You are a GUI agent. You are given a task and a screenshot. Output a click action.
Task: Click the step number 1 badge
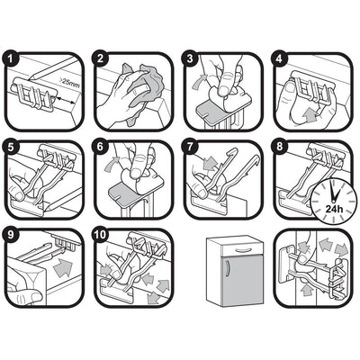point(11,58)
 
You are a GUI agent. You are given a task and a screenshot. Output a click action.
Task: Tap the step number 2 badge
point(100,58)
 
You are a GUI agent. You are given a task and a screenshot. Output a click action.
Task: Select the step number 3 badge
point(190,58)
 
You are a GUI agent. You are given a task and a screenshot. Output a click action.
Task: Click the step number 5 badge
point(11,147)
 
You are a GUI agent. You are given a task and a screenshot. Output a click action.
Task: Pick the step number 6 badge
point(100,147)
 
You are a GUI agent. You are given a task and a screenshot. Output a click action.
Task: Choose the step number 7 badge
point(190,147)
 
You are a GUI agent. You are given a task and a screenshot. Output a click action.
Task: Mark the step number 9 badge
point(11,235)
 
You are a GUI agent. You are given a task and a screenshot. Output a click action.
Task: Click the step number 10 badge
point(100,235)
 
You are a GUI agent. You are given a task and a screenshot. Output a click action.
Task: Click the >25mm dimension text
point(69,84)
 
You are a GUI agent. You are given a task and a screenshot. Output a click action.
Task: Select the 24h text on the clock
point(334,209)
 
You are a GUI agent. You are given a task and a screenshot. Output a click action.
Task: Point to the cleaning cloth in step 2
point(141,90)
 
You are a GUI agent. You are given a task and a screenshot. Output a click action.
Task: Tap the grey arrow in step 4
point(310,115)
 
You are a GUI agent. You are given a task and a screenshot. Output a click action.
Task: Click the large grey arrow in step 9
point(64,267)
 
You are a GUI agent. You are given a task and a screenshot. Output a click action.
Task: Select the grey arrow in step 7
point(209,163)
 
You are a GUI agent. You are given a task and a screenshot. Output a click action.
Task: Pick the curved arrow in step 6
point(111,165)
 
